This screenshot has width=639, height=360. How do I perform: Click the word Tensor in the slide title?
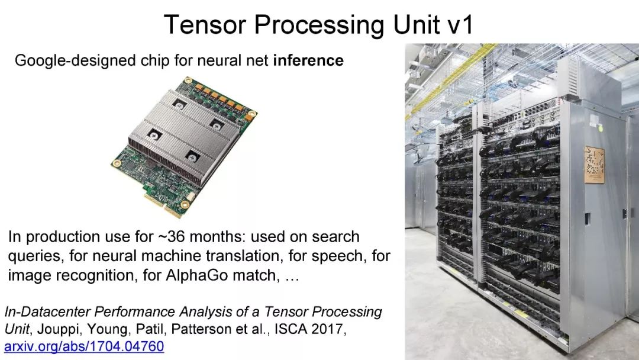(x=205, y=24)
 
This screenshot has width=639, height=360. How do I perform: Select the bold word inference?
(x=308, y=60)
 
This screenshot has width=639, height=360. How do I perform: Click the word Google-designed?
(x=75, y=61)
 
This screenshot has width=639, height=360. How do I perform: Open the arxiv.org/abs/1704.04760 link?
(x=84, y=346)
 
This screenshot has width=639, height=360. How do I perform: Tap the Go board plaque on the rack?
(x=594, y=164)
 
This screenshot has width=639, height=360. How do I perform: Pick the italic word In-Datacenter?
(x=47, y=311)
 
